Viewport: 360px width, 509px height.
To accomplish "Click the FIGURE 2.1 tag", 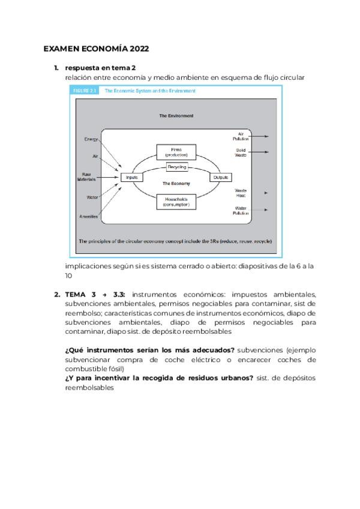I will click(84, 91).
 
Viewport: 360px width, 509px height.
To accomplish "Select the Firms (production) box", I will click(176, 151).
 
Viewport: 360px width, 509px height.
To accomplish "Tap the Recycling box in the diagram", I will click(176, 167).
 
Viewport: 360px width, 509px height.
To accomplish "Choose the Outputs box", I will click(221, 177).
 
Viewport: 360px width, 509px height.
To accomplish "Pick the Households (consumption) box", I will click(176, 202).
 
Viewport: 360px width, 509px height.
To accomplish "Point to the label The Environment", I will click(176, 115).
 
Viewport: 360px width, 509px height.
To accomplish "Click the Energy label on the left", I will click(91, 139).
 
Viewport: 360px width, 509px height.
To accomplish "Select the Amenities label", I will click(88, 216).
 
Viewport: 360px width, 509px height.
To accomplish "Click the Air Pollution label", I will click(241, 136).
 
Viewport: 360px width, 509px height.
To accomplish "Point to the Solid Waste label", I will click(241, 152).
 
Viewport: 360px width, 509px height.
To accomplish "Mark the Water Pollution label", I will click(241, 211).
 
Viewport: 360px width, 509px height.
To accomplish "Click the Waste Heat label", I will click(241, 193).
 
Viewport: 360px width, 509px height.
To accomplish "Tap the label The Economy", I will click(176, 183).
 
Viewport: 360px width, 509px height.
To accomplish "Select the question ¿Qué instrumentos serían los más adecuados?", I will click(149, 349).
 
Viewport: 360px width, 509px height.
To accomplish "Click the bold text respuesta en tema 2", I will click(101, 68).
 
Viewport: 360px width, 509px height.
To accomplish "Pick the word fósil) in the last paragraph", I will click(112, 369).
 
